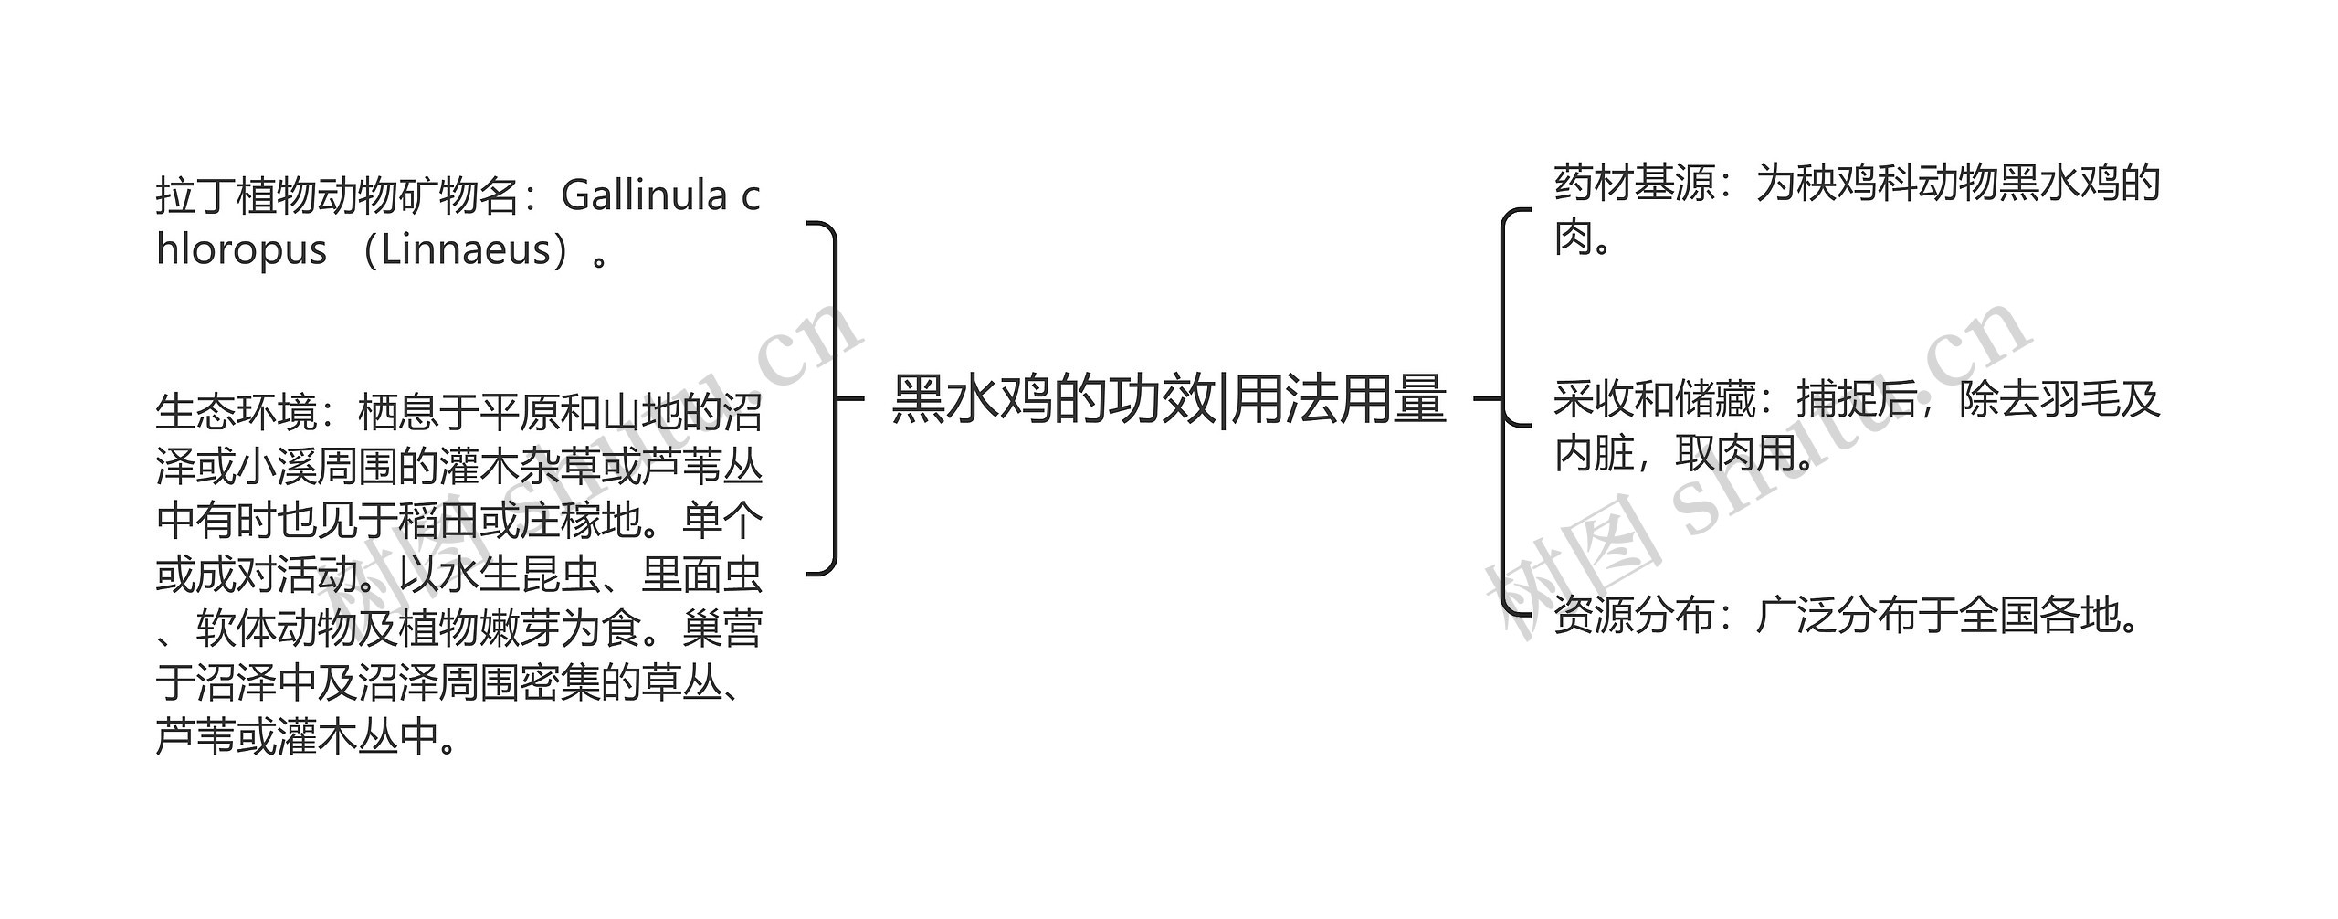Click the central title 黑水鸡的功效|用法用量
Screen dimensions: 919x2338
click(x=1169, y=399)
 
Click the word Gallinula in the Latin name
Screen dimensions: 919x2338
click(x=644, y=195)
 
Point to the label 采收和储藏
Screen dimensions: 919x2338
click(x=1654, y=399)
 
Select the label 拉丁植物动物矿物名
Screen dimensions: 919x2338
click(x=337, y=195)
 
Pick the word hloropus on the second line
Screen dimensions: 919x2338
click(x=241, y=249)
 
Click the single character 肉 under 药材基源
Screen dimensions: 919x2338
click(x=1574, y=238)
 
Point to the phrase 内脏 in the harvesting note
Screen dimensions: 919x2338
click(x=1594, y=454)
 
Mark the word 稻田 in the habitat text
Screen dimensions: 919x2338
click(x=437, y=521)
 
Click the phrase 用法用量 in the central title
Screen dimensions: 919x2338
click(x=1339, y=399)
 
